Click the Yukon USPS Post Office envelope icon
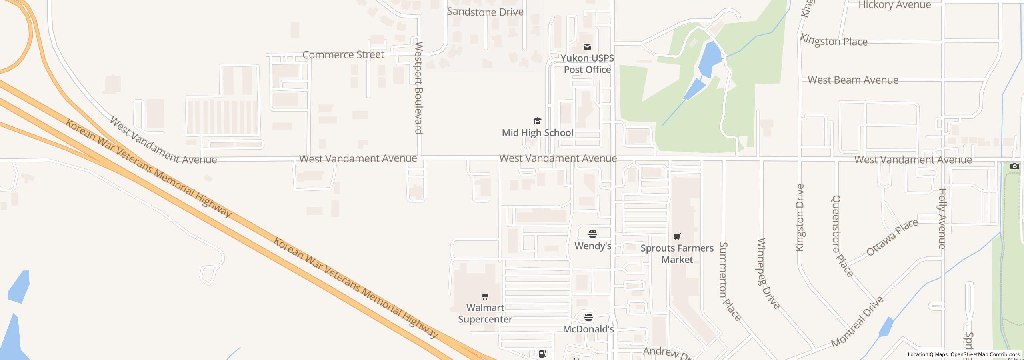pyautogui.click(x=587, y=47)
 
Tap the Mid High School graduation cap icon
pyautogui.click(x=537, y=121)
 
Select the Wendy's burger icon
pyautogui.click(x=592, y=234)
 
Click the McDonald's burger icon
pyautogui.click(x=588, y=317)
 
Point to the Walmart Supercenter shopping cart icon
pyautogui.click(x=485, y=296)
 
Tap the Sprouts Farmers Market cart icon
pyautogui.click(x=677, y=236)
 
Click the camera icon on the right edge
pyautogui.click(x=1014, y=166)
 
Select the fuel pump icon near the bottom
pyautogui.click(x=542, y=354)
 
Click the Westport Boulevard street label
pyautogui.click(x=418, y=88)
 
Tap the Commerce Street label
pyautogui.click(x=343, y=55)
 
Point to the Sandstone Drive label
pyautogui.click(x=485, y=12)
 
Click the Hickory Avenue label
pyautogui.click(x=894, y=5)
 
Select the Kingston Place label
pyautogui.click(x=834, y=41)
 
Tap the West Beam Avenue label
pyautogui.click(x=853, y=80)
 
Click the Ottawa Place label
pyautogui.click(x=892, y=238)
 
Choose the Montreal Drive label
pyautogui.click(x=857, y=322)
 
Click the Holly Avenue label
pyautogui.click(x=942, y=218)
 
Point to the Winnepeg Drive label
pyautogui.click(x=768, y=274)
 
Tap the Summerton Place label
pyautogui.click(x=730, y=281)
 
